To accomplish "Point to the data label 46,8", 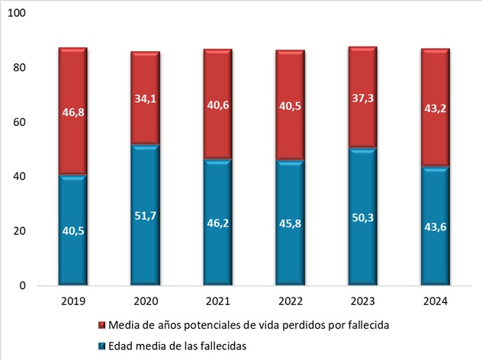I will pos(73,111).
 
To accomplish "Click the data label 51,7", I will pos(144,217).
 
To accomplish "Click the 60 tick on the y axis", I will pos(20,122).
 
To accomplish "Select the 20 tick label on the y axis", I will pos(20,231).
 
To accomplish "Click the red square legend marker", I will pos(103,326).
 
